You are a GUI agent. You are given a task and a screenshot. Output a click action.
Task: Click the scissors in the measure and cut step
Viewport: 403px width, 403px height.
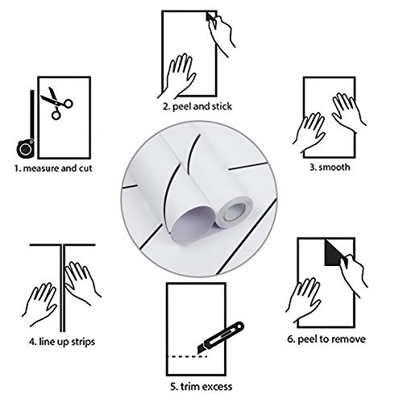[57, 103]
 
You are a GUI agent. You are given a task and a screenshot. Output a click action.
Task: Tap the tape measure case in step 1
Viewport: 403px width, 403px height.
[26, 148]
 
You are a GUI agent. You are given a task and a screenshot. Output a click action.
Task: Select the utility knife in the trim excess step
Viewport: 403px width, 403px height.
[221, 338]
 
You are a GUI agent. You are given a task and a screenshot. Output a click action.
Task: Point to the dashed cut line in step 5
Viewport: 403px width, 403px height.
[187, 356]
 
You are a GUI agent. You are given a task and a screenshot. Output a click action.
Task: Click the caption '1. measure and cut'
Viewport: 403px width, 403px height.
[53, 168]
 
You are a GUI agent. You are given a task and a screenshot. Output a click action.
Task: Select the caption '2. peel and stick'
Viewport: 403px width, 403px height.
[197, 106]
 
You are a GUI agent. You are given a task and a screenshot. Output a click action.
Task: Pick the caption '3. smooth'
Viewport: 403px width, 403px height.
[330, 167]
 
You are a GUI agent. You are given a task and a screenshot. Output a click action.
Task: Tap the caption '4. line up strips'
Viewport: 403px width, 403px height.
[62, 342]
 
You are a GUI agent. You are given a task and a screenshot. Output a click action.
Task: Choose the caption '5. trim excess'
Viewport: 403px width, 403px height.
[201, 387]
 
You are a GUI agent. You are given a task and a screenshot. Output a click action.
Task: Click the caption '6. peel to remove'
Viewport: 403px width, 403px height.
[326, 339]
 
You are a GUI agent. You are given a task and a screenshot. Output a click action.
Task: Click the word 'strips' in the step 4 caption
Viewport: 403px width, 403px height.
[81, 342]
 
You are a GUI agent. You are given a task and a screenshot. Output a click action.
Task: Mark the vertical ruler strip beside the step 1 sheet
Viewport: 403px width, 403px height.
[32, 114]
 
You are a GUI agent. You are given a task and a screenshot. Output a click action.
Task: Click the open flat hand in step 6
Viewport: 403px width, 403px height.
[304, 300]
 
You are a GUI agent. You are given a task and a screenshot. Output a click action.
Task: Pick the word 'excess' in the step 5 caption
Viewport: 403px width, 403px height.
[217, 387]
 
